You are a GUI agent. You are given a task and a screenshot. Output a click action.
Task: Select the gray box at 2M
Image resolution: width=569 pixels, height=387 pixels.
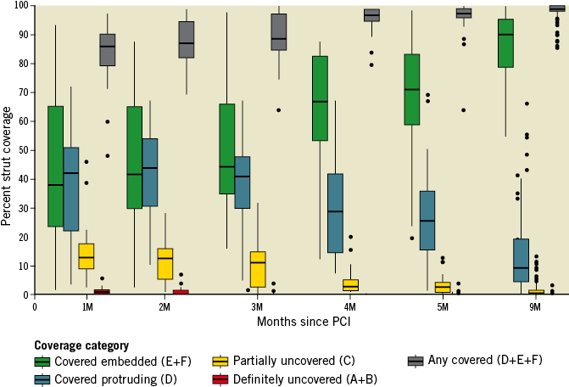pos(186,40)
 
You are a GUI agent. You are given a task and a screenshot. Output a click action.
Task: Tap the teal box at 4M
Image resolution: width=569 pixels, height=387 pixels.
pos(335,213)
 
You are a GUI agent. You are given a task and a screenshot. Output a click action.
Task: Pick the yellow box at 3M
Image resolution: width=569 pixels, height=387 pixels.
pos(258,269)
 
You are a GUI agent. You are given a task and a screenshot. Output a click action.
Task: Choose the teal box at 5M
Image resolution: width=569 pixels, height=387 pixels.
pos(427,220)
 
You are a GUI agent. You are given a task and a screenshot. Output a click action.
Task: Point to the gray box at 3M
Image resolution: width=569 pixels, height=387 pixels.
pos(278,32)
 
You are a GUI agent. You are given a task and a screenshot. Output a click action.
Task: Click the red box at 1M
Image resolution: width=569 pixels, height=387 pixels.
pos(102,292)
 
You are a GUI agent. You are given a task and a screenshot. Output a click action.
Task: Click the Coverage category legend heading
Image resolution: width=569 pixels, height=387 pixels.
pos(81,345)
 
